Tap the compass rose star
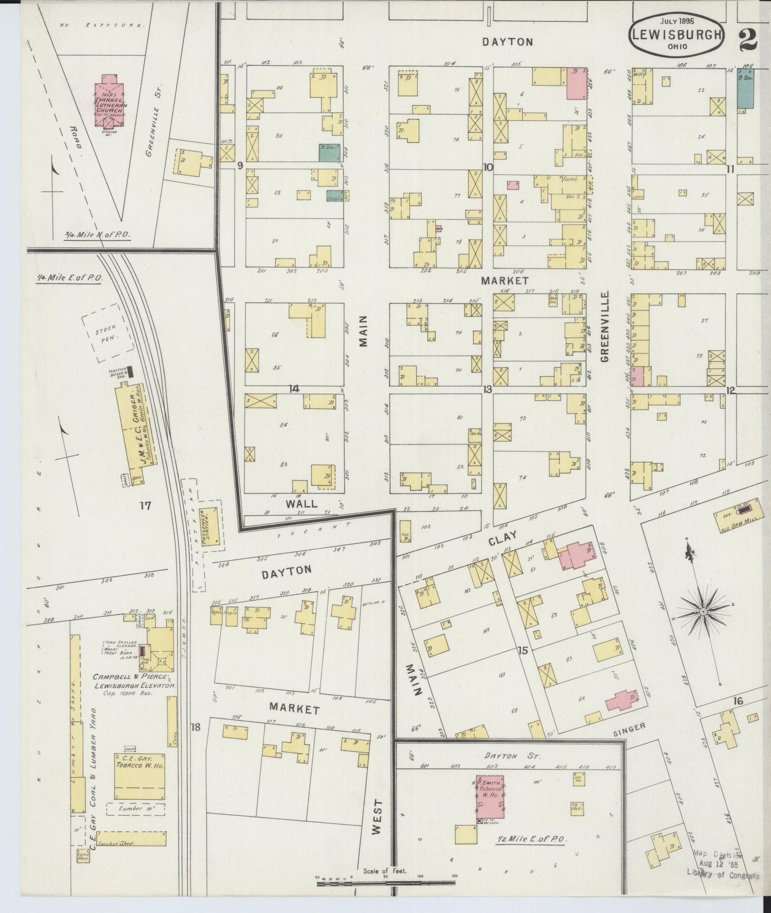click(x=703, y=610)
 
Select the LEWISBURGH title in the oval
click(x=677, y=35)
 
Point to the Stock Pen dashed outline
click(x=108, y=334)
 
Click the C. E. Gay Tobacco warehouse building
click(x=139, y=776)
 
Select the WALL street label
click(x=301, y=503)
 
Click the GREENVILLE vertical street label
click(x=605, y=327)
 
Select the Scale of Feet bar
click(x=385, y=883)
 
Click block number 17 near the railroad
click(x=145, y=505)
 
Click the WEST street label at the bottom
click(x=377, y=816)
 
